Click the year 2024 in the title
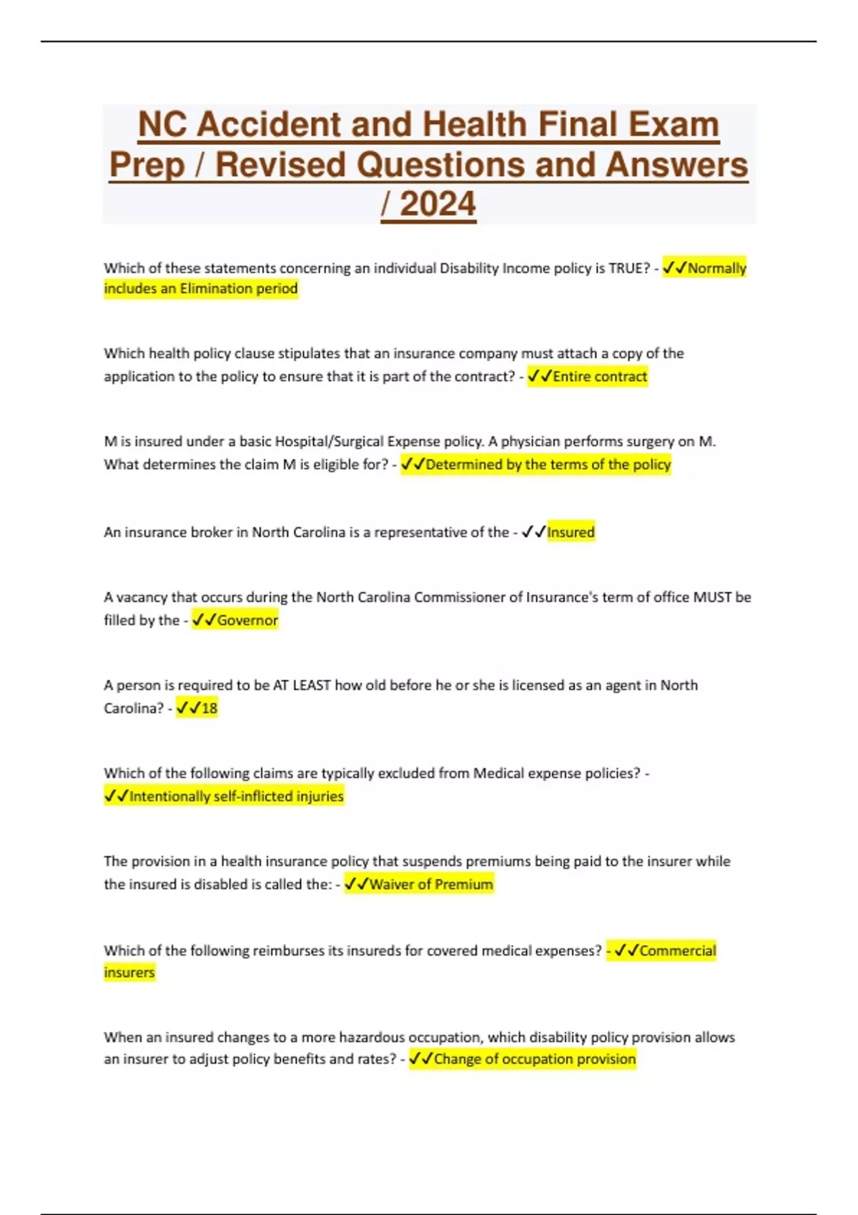(x=437, y=204)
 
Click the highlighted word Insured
(x=571, y=532)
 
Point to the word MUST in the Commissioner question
(x=711, y=597)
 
